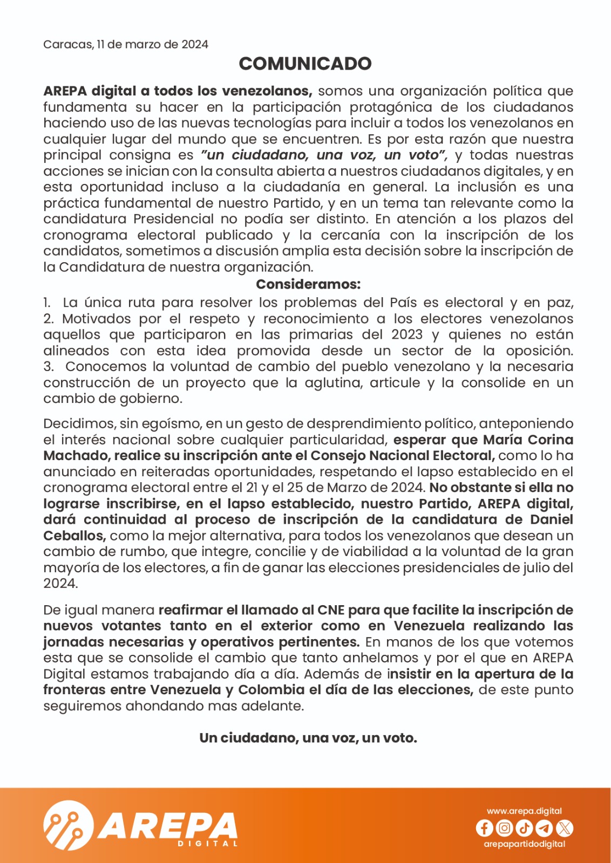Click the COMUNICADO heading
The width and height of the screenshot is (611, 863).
click(x=305, y=64)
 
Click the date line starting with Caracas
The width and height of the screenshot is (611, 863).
click(x=125, y=44)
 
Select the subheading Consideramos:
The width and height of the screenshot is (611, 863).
click(x=308, y=284)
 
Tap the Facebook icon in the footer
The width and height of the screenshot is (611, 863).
click(x=484, y=828)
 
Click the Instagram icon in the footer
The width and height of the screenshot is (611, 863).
click(x=504, y=828)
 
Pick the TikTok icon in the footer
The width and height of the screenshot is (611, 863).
click(x=524, y=828)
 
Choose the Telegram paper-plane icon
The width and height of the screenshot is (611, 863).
click(x=544, y=828)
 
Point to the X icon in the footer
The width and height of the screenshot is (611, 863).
click(x=565, y=828)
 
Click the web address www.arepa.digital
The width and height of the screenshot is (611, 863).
click(x=524, y=811)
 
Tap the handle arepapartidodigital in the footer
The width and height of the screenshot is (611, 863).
click(x=524, y=844)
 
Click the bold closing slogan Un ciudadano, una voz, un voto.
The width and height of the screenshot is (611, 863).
click(x=308, y=738)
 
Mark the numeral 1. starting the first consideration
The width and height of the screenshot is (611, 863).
click(x=47, y=303)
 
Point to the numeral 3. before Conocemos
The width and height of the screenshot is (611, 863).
click(x=49, y=367)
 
